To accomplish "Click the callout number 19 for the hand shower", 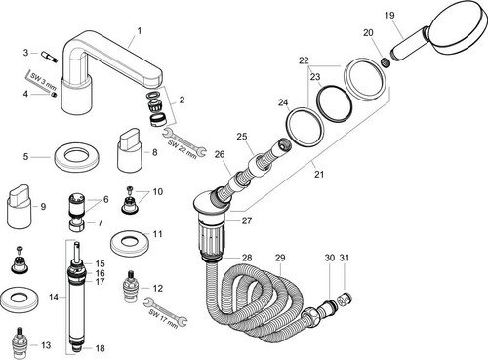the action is click(x=389, y=15).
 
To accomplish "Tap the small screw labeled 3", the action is click(x=49, y=56).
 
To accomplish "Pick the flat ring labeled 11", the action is click(x=127, y=243).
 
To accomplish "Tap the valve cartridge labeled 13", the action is click(x=20, y=340).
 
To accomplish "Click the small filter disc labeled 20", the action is click(x=385, y=62).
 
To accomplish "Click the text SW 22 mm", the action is click(x=183, y=148).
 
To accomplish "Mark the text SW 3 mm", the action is click(x=43, y=82).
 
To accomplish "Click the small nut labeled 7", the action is click(x=77, y=224).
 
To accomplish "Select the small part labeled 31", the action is click(x=345, y=300).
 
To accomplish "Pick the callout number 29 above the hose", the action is click(x=280, y=258).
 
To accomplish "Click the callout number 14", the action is click(x=54, y=297).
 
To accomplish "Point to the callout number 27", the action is click(x=247, y=220).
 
